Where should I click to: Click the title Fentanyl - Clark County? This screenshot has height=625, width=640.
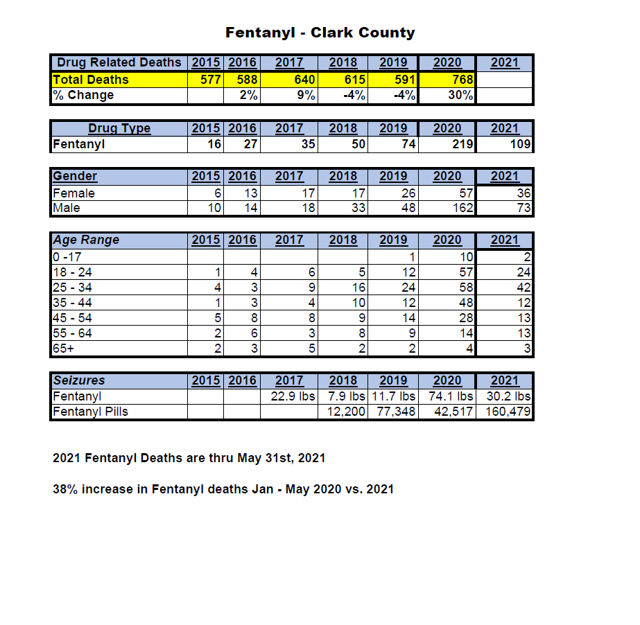(320, 33)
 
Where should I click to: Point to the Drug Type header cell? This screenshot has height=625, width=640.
(119, 129)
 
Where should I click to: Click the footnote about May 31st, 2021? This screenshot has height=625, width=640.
(189, 458)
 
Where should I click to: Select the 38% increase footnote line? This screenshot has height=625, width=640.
(223, 489)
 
